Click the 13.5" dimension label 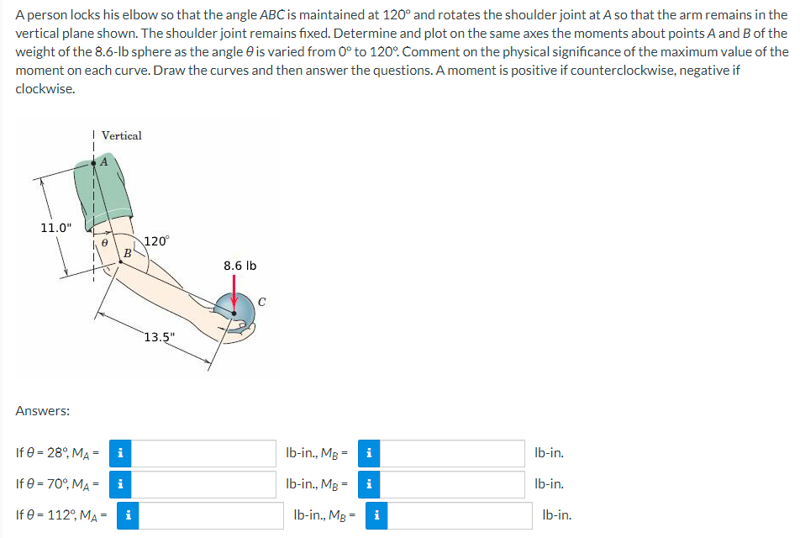pyautogui.click(x=159, y=338)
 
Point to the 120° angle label pyautogui.click(x=156, y=241)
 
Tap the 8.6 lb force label pyautogui.click(x=240, y=266)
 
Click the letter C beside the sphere pyautogui.click(x=262, y=295)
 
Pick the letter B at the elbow pyautogui.click(x=127, y=252)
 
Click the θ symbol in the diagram pyautogui.click(x=106, y=241)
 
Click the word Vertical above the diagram pyautogui.click(x=122, y=135)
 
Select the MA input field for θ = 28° pyautogui.click(x=204, y=454)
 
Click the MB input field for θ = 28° pyautogui.click(x=453, y=454)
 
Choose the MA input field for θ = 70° pyautogui.click(x=204, y=484)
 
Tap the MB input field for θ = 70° pyautogui.click(x=453, y=484)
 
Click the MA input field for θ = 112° pyautogui.click(x=211, y=515)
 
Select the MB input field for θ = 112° pyautogui.click(x=460, y=515)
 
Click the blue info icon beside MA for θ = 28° pyautogui.click(x=121, y=454)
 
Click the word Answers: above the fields pyautogui.click(x=43, y=411)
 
